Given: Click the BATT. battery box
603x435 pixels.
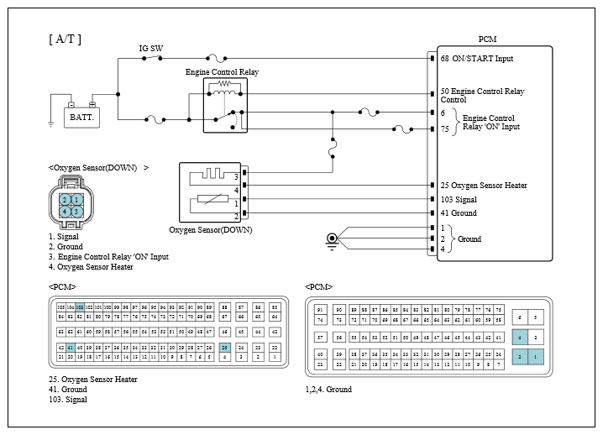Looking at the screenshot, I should (x=81, y=118).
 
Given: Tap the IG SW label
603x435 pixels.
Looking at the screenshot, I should (x=151, y=49).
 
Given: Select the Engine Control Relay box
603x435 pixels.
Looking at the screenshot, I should (x=223, y=106).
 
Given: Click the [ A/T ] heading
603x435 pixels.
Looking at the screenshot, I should (x=66, y=39).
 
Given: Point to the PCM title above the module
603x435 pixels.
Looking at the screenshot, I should (x=488, y=39).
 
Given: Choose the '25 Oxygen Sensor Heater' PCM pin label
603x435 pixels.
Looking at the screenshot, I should (x=483, y=185).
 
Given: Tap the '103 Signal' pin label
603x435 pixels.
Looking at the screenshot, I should (x=459, y=200).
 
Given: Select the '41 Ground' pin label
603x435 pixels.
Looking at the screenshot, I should (x=459, y=213).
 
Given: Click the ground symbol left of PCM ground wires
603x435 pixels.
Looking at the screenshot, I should (x=333, y=241).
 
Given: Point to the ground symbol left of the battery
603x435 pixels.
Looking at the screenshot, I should (x=51, y=123).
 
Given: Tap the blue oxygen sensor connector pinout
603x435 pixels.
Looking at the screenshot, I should (x=71, y=205).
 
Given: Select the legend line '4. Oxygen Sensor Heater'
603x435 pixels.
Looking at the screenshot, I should (x=91, y=267).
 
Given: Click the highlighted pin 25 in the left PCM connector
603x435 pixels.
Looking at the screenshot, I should (x=225, y=347).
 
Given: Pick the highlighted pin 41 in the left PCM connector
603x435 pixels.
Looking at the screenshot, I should (x=71, y=347).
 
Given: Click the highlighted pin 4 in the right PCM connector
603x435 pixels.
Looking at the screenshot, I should (x=521, y=337).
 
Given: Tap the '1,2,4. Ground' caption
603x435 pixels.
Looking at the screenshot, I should (x=329, y=390).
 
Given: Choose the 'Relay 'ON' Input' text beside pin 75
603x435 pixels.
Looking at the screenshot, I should (x=491, y=127).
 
